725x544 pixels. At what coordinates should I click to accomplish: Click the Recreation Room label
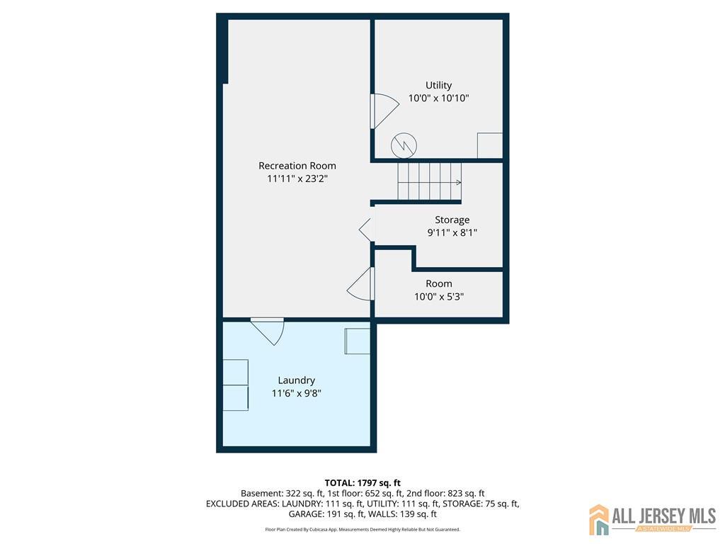point(297,166)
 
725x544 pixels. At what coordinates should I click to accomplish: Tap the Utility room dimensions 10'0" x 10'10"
point(438,98)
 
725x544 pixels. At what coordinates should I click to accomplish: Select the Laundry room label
point(297,380)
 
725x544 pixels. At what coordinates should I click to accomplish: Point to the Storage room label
point(452,220)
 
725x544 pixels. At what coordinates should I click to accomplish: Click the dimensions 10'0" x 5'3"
point(439,297)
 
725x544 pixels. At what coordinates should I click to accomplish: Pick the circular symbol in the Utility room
point(404,146)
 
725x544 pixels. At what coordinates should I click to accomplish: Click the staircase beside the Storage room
point(430,181)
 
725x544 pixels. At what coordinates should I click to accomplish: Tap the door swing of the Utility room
point(384,111)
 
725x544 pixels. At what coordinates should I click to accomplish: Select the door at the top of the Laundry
point(268,330)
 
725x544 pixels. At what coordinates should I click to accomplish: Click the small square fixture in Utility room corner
point(490,145)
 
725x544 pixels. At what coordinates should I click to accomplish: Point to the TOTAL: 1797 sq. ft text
point(362,483)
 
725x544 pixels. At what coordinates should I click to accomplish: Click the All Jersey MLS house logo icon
point(599,519)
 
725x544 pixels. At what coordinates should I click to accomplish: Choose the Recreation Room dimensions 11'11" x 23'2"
point(297,178)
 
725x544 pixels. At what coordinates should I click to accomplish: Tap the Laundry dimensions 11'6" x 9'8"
point(297,393)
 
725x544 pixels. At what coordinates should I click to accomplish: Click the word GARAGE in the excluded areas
point(306,514)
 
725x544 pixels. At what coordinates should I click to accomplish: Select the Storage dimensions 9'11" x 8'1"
point(452,232)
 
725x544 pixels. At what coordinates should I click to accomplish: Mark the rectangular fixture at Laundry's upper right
point(358,341)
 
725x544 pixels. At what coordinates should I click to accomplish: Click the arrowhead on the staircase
point(459,182)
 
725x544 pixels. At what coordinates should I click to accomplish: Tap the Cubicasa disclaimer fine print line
point(362,529)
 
